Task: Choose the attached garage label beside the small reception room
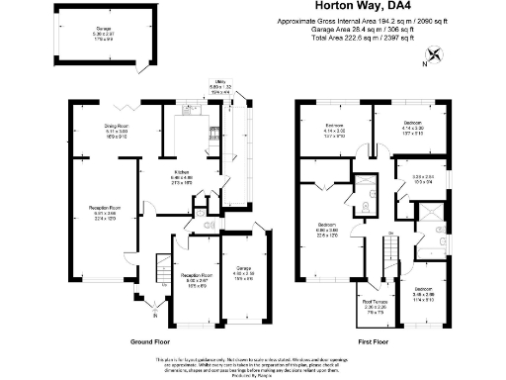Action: point(243,270)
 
